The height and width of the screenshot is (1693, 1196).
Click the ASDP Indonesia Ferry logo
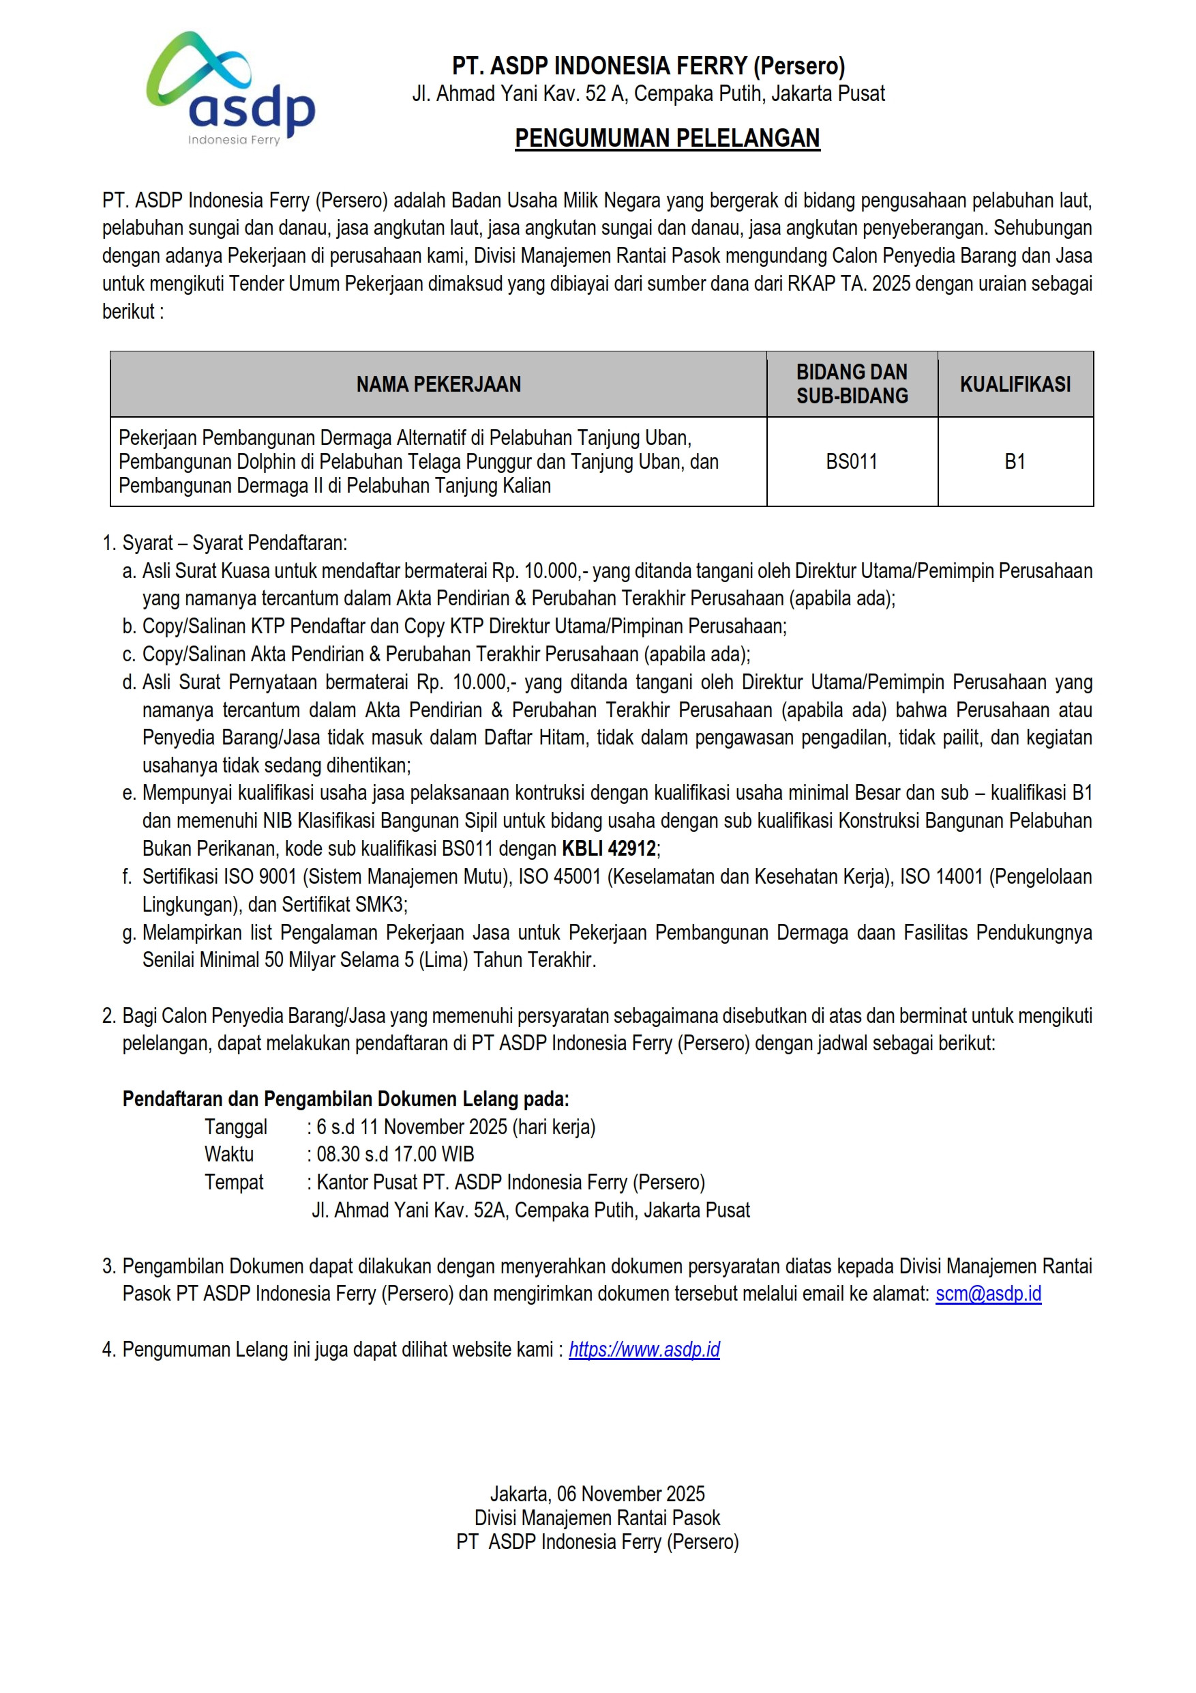pyautogui.click(x=230, y=89)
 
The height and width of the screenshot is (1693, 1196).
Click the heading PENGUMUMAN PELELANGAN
pyautogui.click(x=667, y=138)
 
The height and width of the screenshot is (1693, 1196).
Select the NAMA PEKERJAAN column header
pyautogui.click(x=438, y=384)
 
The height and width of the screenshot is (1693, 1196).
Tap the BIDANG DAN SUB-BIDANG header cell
pyautogui.click(x=852, y=384)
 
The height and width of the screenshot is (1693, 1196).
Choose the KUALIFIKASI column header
pyautogui.click(x=1015, y=384)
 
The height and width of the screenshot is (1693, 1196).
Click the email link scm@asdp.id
pyautogui.click(x=988, y=1293)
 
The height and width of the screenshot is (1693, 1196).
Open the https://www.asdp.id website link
pyautogui.click(x=644, y=1349)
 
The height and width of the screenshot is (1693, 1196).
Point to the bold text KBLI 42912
pyautogui.click(x=609, y=849)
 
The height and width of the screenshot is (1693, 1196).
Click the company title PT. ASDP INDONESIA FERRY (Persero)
pyautogui.click(x=648, y=66)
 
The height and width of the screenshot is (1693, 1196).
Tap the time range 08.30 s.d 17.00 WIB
pyautogui.click(x=395, y=1154)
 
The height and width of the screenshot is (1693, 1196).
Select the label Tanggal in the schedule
pyautogui.click(x=236, y=1127)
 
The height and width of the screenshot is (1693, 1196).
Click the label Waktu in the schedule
pyautogui.click(x=229, y=1154)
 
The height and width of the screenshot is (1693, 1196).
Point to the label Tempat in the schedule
pyautogui.click(x=234, y=1182)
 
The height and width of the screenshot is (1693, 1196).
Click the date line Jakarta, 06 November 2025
pyautogui.click(x=597, y=1494)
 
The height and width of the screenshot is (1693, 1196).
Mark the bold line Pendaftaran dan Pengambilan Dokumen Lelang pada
pyautogui.click(x=346, y=1099)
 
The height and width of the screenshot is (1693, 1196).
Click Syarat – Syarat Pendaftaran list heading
pyautogui.click(x=235, y=542)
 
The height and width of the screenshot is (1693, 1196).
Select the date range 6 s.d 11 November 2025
pyautogui.click(x=412, y=1127)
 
